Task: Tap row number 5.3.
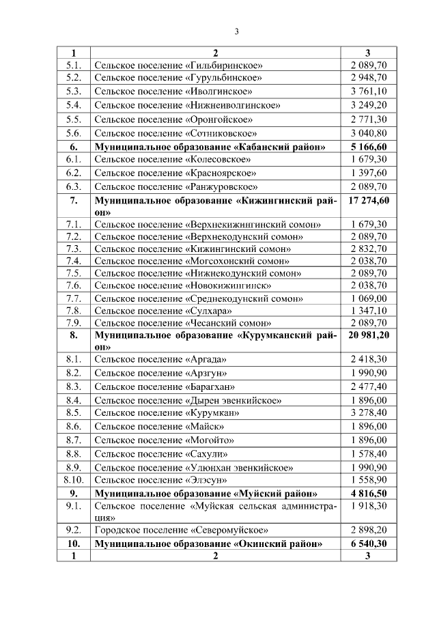[x=74, y=92]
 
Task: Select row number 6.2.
[x=74, y=173]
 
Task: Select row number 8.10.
[x=74, y=480]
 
